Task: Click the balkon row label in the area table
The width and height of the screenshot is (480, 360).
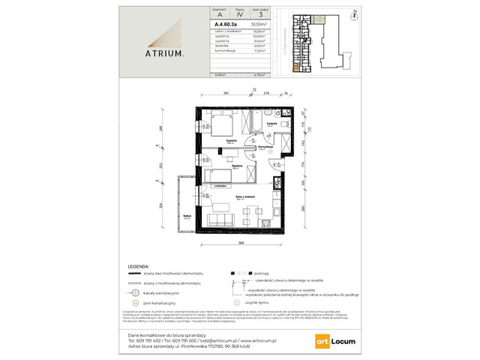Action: click(x=221, y=75)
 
